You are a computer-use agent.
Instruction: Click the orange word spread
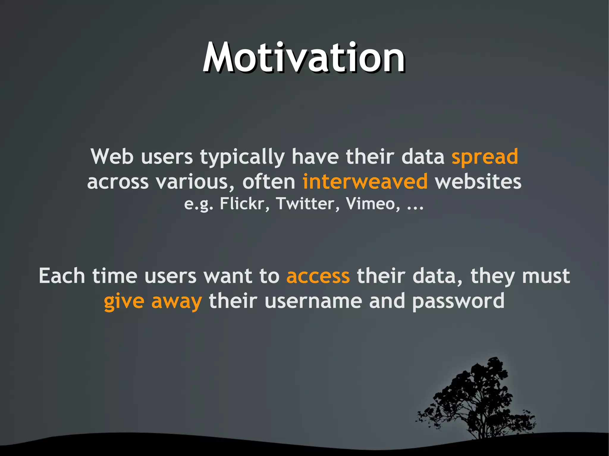pos(485,157)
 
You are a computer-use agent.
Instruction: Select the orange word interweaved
pos(365,182)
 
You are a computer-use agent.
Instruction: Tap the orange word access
pos(318,276)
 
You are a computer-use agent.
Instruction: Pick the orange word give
pos(124,301)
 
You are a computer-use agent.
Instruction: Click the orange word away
pos(177,301)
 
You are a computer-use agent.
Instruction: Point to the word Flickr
pos(242,204)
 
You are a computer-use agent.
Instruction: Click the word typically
pos(242,157)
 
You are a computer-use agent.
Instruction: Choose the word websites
pos(478,182)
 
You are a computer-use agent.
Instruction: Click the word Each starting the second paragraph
pos(62,276)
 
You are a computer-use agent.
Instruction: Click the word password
pos(458,301)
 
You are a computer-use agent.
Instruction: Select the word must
pos(546,276)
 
